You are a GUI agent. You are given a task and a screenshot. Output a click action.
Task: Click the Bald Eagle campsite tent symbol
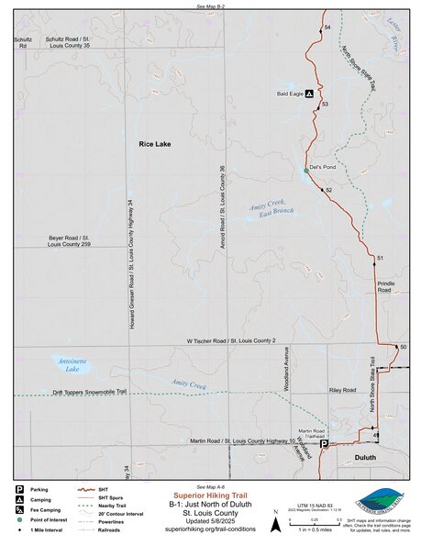pyautogui.click(x=309, y=94)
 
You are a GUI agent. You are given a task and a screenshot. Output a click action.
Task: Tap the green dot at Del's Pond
pyautogui.click(x=307, y=171)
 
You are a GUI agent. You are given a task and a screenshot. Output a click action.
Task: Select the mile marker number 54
pyautogui.click(x=327, y=29)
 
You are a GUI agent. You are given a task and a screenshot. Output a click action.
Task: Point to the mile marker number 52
pyautogui.click(x=327, y=190)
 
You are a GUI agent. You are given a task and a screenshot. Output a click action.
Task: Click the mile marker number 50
pyautogui.click(x=403, y=347)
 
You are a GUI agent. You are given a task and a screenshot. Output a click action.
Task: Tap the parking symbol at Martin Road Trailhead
pyautogui.click(x=323, y=444)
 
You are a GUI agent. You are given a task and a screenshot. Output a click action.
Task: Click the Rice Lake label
pyautogui.click(x=155, y=145)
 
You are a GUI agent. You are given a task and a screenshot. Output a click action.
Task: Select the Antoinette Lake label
pyautogui.click(x=71, y=365)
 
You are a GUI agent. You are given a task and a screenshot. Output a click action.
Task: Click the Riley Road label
pyautogui.click(x=342, y=390)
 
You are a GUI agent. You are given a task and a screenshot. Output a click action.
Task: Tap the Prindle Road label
pyautogui.click(x=385, y=287)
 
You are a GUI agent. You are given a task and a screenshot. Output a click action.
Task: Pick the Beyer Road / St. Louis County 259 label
pyautogui.click(x=70, y=241)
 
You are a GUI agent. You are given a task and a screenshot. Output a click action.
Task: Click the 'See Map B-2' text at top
pyautogui.click(x=210, y=6)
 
